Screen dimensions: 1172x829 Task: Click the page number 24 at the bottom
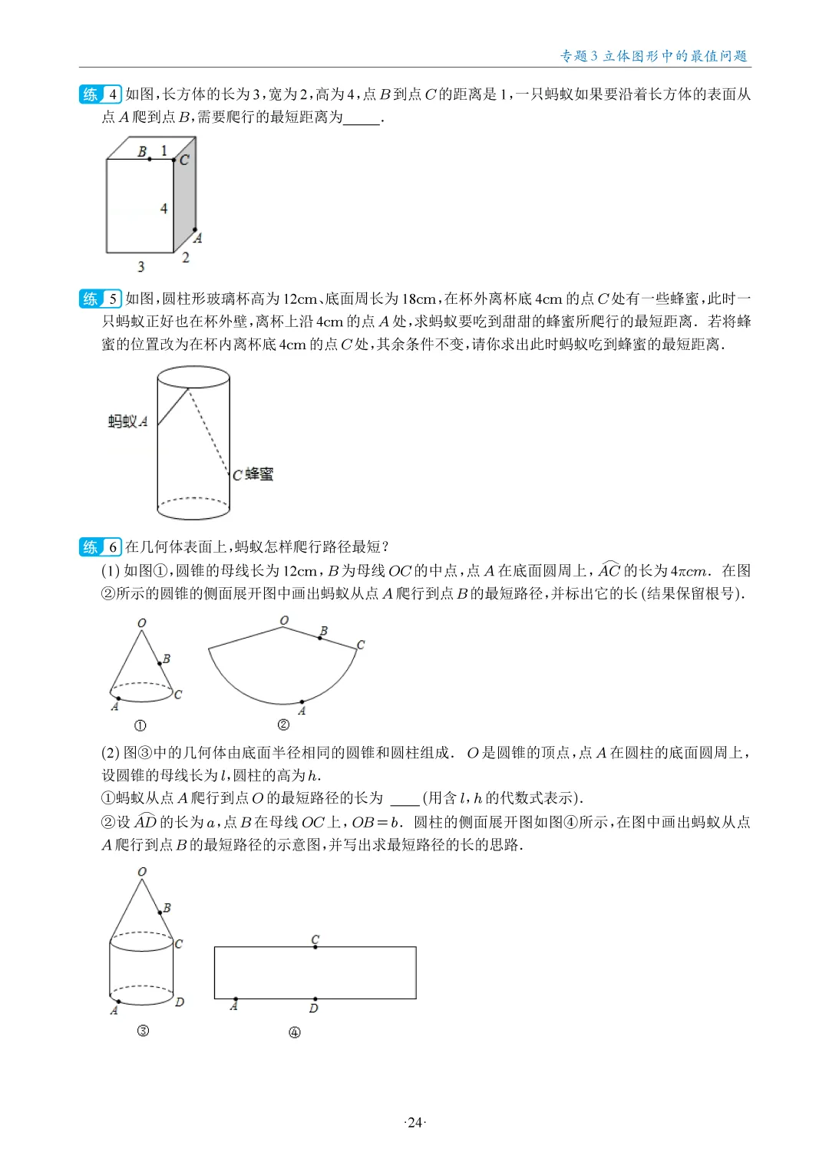(414, 1122)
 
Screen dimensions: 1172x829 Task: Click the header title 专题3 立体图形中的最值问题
(653, 56)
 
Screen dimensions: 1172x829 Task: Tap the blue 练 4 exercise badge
(100, 94)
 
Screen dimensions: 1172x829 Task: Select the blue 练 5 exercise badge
(100, 299)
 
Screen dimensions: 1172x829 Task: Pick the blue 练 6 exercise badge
(100, 546)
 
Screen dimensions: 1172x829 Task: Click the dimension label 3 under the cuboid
(140, 266)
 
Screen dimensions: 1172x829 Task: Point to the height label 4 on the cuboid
(163, 208)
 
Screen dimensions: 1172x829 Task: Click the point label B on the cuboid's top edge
(142, 151)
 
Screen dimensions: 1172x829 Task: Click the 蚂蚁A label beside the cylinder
(127, 421)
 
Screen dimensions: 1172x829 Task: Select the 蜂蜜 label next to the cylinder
(259, 474)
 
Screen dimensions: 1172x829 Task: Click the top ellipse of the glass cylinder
(193, 377)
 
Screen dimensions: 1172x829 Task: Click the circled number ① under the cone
(140, 725)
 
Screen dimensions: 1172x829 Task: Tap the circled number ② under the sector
(283, 725)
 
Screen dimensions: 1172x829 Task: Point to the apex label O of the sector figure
(284, 619)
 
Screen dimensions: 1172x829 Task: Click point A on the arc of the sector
(302, 702)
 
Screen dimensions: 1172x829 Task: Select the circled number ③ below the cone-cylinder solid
(143, 1031)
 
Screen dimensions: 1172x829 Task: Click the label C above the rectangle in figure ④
(315, 939)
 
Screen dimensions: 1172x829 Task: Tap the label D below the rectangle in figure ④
(313, 1008)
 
